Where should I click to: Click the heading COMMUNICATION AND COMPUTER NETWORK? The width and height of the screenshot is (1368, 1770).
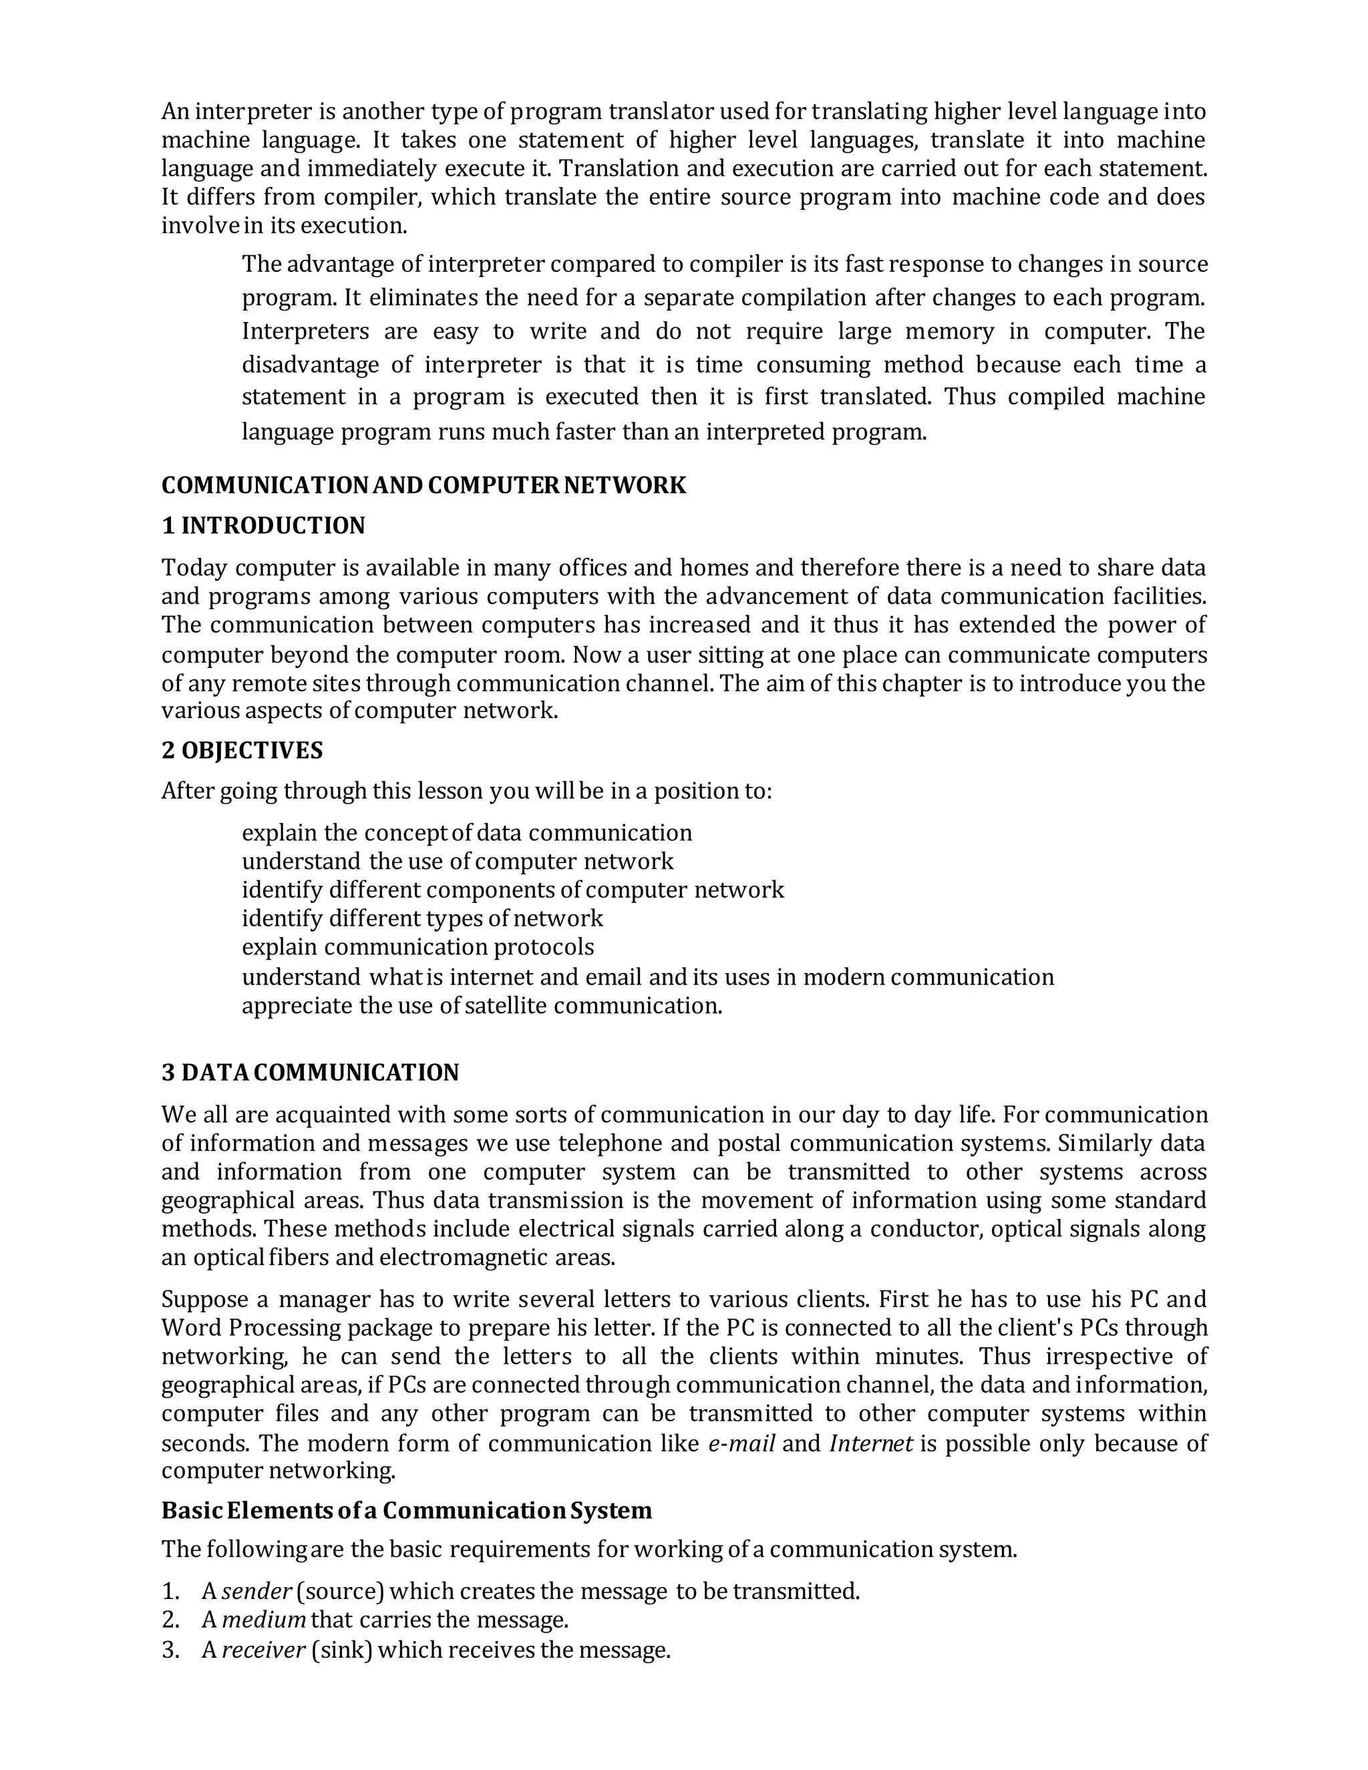pyautogui.click(x=423, y=485)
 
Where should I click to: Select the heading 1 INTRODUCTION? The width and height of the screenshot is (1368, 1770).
pyautogui.click(x=263, y=525)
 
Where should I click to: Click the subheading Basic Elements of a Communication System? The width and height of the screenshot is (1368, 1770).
pyautogui.click(x=406, y=1510)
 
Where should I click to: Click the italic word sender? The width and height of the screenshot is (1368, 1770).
pyautogui.click(x=256, y=1591)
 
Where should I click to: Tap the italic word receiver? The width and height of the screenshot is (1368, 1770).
pyautogui.click(x=263, y=1649)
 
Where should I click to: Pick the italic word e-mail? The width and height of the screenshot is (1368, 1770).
pyautogui.click(x=741, y=1443)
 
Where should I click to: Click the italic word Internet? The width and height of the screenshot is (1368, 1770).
pyautogui.click(x=871, y=1443)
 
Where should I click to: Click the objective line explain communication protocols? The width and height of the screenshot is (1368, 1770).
pyautogui.click(x=417, y=946)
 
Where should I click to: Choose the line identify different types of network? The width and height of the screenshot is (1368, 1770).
pyautogui.click(x=421, y=918)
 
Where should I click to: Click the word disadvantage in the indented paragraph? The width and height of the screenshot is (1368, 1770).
pyautogui.click(x=309, y=365)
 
